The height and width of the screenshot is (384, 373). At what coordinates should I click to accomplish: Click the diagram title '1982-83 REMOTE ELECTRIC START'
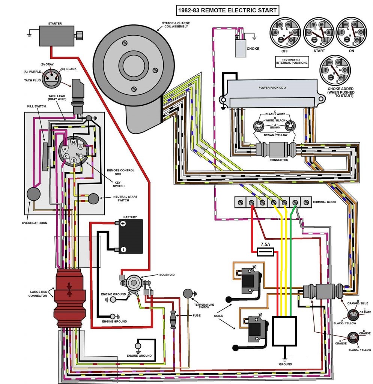[x=228, y=10]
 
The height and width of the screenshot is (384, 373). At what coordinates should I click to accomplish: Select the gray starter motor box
[x=57, y=36]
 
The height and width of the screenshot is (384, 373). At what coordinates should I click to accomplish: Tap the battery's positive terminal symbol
[x=123, y=223]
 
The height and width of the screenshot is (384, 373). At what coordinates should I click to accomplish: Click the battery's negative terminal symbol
[x=123, y=249]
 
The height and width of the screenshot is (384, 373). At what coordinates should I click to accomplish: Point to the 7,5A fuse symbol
[x=265, y=252]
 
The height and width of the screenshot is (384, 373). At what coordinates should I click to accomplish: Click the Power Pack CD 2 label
[x=272, y=88]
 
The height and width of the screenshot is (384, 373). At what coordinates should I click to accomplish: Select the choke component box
[x=241, y=48]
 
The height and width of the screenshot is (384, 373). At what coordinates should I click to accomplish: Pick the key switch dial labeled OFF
[x=285, y=33]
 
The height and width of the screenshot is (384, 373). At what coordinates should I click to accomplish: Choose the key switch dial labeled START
[x=319, y=33]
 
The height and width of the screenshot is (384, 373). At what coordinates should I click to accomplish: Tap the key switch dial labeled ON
[x=351, y=33]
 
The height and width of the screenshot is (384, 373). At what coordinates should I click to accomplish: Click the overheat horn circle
[x=33, y=194]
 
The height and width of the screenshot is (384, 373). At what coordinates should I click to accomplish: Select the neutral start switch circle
[x=93, y=199]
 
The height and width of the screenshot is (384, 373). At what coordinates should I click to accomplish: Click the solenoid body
[x=134, y=283]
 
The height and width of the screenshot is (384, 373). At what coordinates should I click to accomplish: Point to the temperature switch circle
[x=188, y=293]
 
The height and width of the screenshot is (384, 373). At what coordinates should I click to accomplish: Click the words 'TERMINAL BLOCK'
[x=324, y=202]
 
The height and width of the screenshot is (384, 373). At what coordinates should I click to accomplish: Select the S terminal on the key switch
[x=74, y=160]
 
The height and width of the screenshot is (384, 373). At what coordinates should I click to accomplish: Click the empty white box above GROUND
[x=285, y=331]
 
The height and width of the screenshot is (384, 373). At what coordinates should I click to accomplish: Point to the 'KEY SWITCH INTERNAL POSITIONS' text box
[x=292, y=61]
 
